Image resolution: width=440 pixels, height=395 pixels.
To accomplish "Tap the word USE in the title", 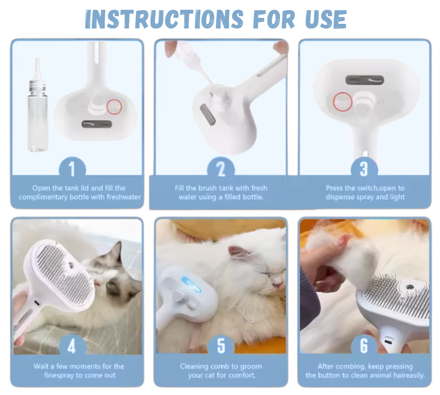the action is click(x=326, y=19).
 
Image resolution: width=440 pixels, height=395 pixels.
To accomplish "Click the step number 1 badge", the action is click(x=72, y=169).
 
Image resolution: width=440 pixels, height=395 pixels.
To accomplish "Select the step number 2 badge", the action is click(x=221, y=169).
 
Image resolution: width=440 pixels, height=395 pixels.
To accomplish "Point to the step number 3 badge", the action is click(x=364, y=169).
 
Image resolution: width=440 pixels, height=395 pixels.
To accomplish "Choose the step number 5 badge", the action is click(x=221, y=346).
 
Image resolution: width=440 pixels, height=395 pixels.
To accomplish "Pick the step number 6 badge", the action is click(x=364, y=346).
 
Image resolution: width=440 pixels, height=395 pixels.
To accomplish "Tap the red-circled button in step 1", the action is click(x=114, y=107).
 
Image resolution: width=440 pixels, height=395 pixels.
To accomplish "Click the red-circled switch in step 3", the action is click(x=342, y=102).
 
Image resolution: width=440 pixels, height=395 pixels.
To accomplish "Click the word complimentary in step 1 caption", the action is click(x=43, y=197).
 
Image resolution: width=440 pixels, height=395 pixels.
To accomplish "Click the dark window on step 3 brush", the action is click(x=365, y=80).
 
